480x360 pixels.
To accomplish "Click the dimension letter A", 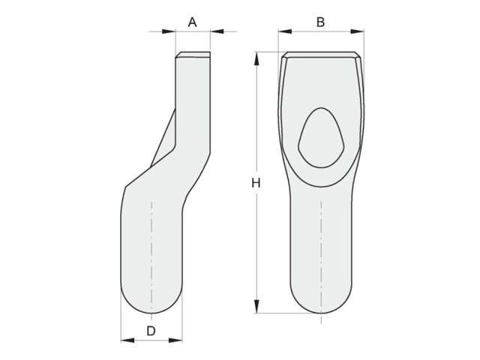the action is (x=192, y=22).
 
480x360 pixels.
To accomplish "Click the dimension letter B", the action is (x=320, y=22).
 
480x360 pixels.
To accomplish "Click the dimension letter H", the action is (x=256, y=183).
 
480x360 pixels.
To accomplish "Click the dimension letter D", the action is (x=151, y=331).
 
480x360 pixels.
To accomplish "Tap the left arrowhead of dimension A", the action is (x=169, y=31).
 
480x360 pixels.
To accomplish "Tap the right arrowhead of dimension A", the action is (x=217, y=31).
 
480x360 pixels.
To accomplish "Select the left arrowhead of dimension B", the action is (x=285, y=31).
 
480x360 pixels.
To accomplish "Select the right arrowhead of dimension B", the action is (x=357, y=31).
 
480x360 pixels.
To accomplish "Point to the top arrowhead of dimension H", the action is (x=256, y=58).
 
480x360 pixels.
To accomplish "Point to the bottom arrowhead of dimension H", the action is (x=256, y=307).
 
